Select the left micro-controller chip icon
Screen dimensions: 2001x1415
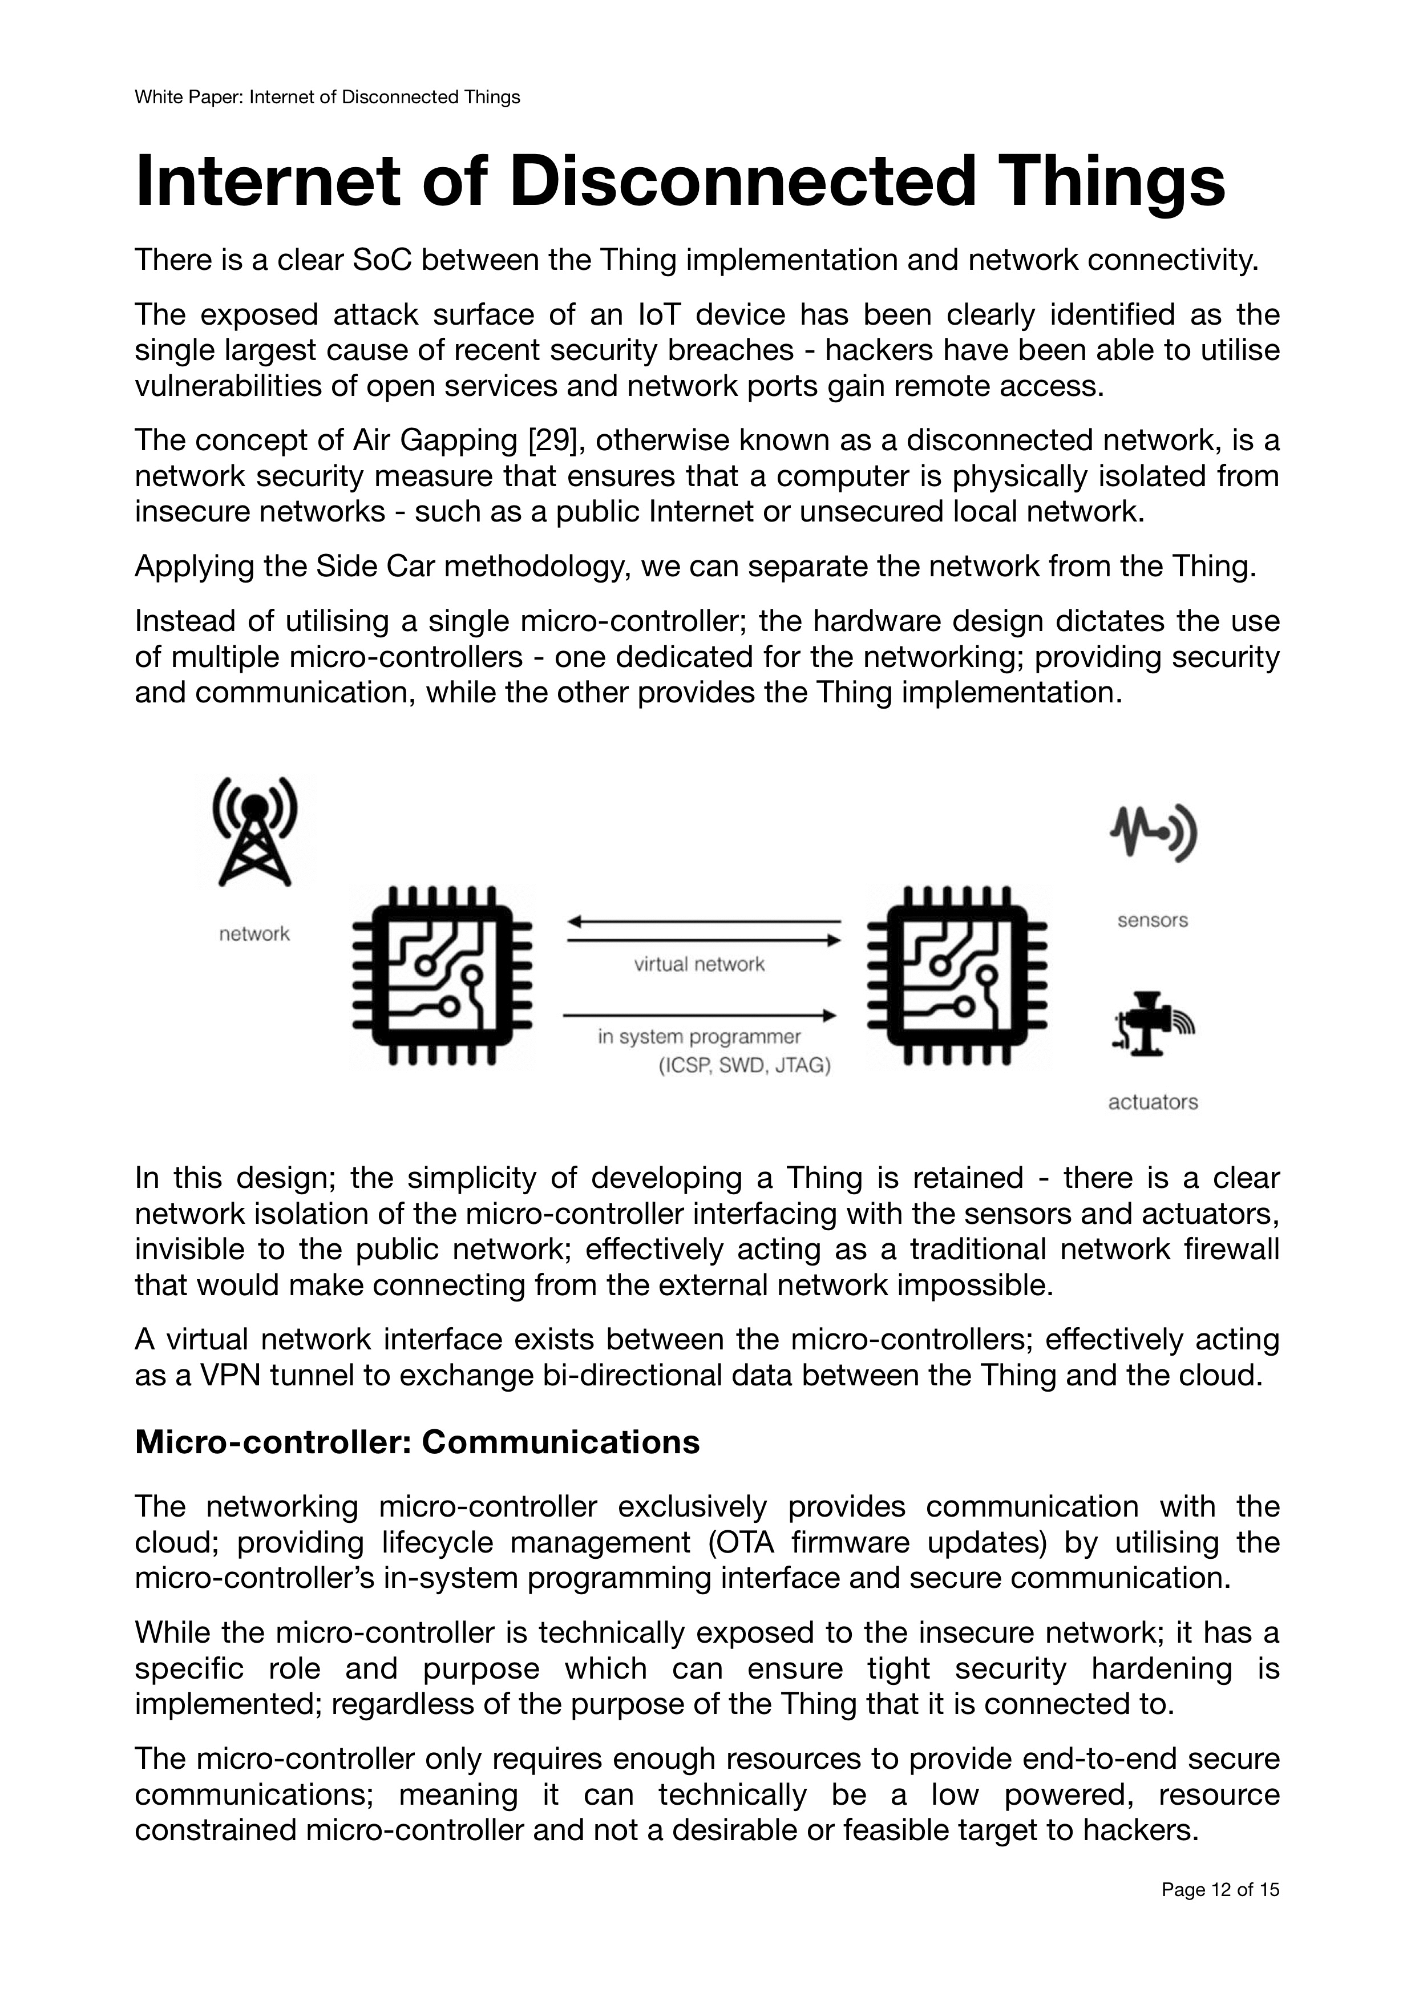click(442, 976)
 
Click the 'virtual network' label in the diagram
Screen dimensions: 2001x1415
click(699, 964)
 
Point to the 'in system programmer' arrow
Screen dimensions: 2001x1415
click(700, 1015)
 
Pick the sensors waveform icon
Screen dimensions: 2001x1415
click(1153, 832)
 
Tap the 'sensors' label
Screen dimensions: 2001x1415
click(1153, 920)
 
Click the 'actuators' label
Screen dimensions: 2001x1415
click(1153, 1102)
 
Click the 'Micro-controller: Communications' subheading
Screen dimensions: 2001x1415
click(417, 1442)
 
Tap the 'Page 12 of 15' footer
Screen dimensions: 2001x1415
click(1220, 1914)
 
